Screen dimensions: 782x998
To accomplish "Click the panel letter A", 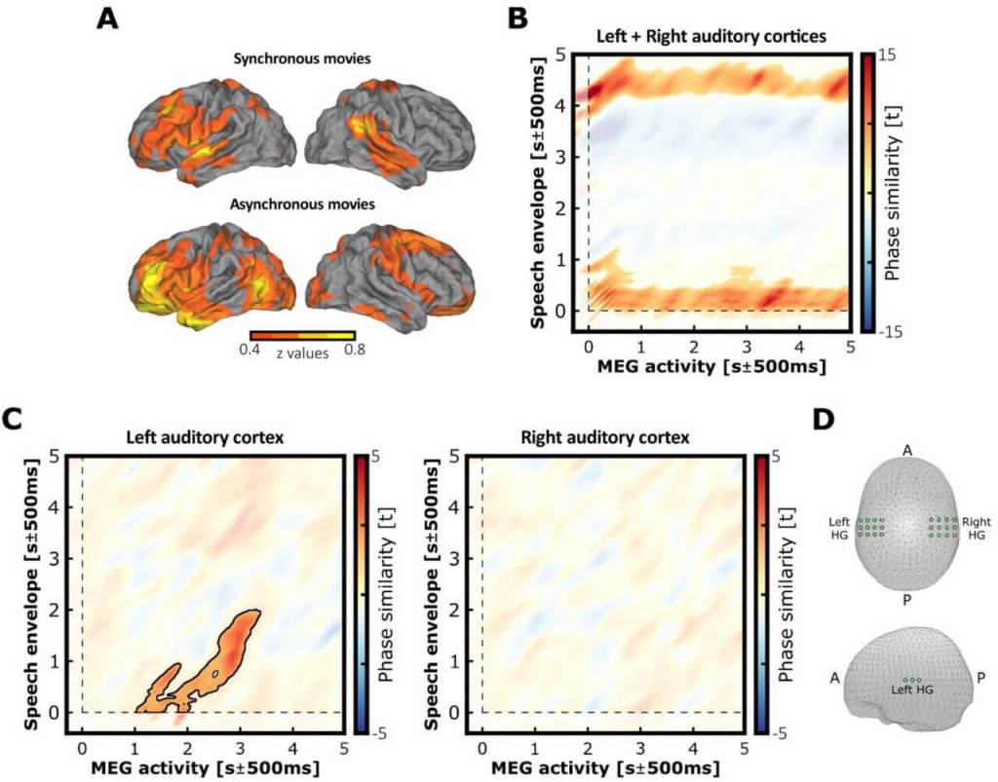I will pos(109,20).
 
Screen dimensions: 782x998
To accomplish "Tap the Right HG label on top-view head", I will pos(976,529).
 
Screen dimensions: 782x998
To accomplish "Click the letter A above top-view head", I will pos(906,449).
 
